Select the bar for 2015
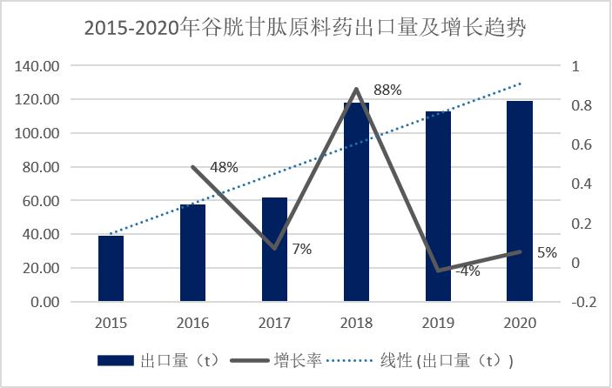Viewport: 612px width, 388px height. (111, 269)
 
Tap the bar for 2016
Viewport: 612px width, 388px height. (192, 253)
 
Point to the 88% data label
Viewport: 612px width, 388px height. (387, 90)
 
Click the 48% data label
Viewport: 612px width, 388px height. (224, 168)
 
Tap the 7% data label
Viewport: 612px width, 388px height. (301, 249)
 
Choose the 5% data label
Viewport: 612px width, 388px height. (547, 253)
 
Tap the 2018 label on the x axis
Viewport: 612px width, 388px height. (356, 322)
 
